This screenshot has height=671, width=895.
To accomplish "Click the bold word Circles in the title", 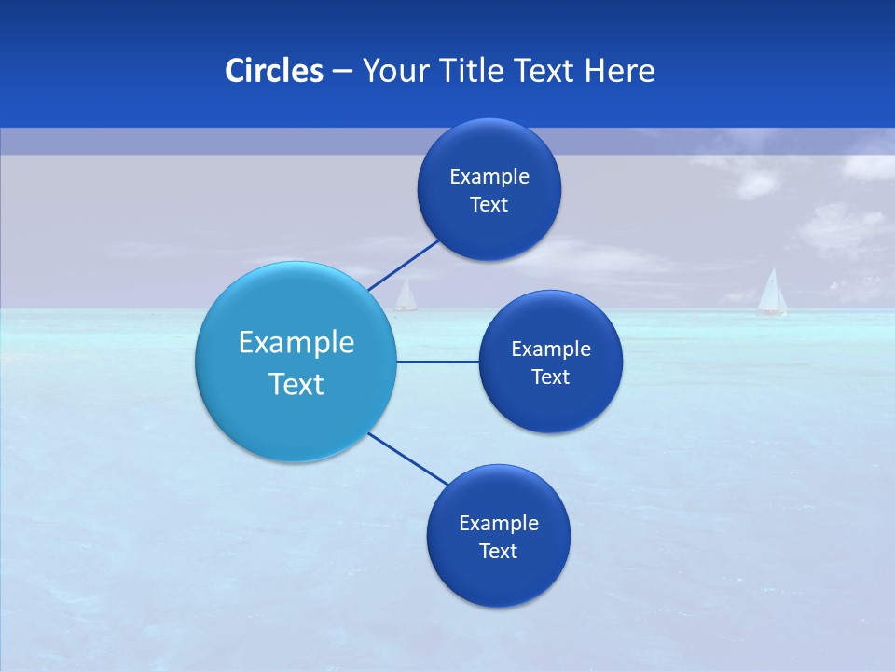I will pyautogui.click(x=274, y=71).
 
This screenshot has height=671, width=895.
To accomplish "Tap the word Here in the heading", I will pyautogui.click(x=620, y=71).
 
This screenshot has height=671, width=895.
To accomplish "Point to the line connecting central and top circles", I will pyautogui.click(x=403, y=265).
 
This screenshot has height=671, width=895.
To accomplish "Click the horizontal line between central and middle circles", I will pyautogui.click(x=437, y=362).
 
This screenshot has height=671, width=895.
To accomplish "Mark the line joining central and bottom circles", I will pyautogui.click(x=407, y=459).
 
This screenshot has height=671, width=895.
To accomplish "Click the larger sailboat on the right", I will pyautogui.click(x=771, y=293).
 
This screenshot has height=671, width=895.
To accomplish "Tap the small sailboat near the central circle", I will pyautogui.click(x=406, y=295).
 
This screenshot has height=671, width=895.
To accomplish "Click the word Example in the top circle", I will pyautogui.click(x=489, y=176).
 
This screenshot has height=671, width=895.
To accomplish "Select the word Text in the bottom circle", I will pyautogui.click(x=498, y=551).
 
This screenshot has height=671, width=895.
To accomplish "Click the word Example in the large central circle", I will pyautogui.click(x=296, y=342).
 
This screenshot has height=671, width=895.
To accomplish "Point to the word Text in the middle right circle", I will pyautogui.click(x=550, y=377).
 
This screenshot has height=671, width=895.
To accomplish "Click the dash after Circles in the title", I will pyautogui.click(x=341, y=71).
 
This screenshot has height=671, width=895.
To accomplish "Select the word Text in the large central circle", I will pyautogui.click(x=296, y=384).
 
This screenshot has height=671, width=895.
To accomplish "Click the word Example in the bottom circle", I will pyautogui.click(x=498, y=523).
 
